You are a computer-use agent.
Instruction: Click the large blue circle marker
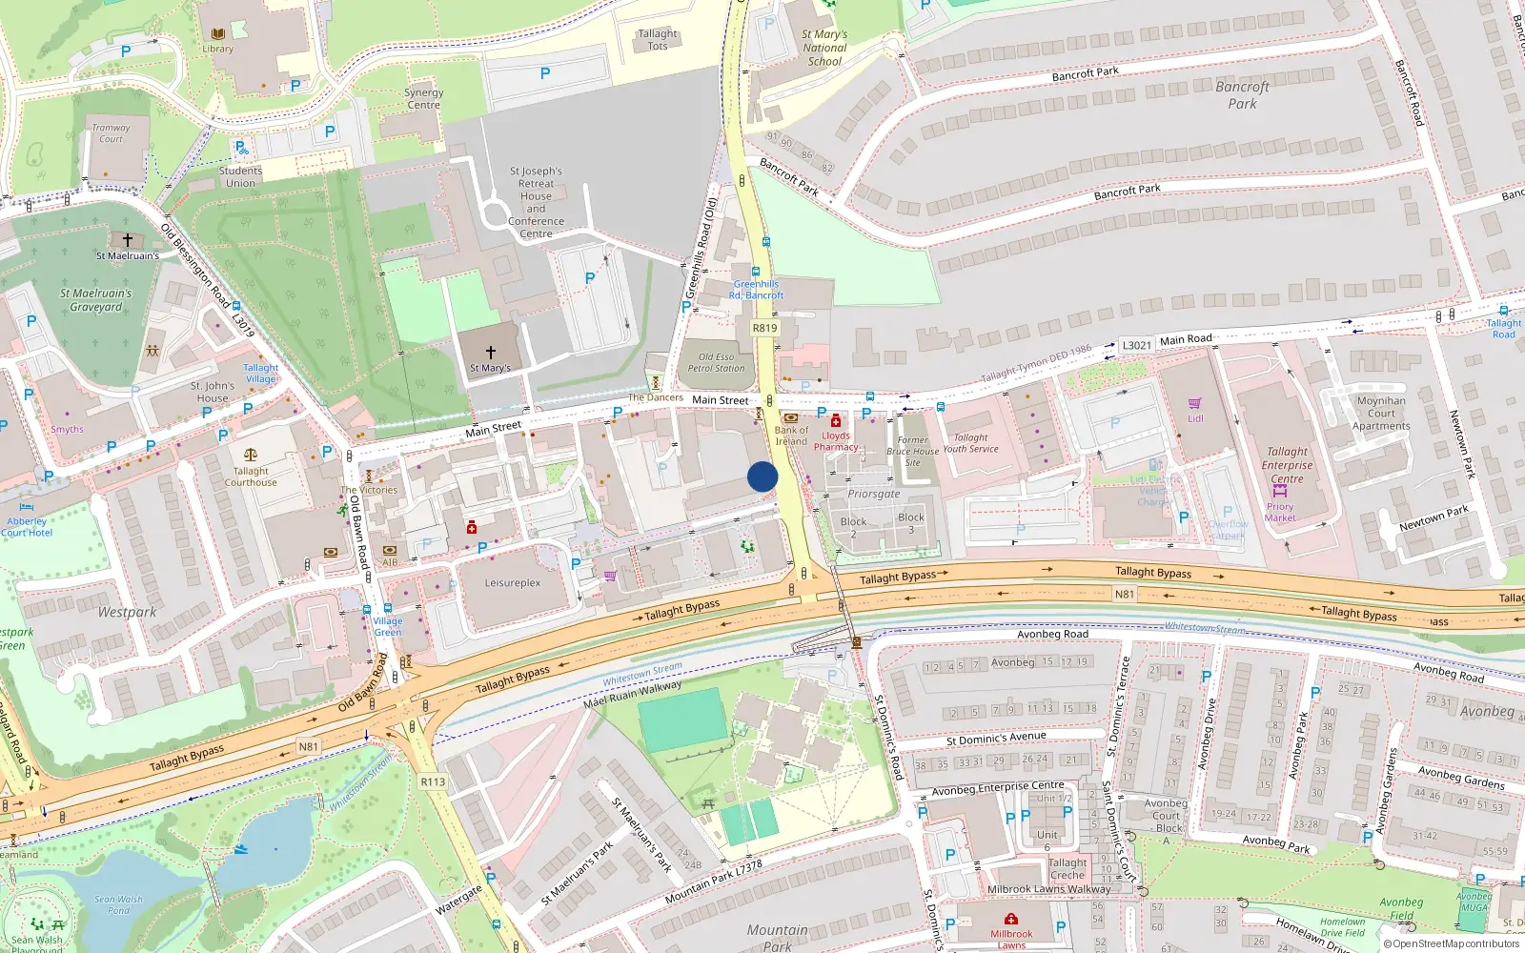coord(762,476)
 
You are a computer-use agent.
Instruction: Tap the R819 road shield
coord(764,328)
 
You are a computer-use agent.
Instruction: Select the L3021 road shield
coord(1136,345)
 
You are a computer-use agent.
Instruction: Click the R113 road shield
coord(433,781)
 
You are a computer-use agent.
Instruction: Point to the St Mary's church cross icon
coord(490,353)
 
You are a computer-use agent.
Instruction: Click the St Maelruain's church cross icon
coord(127,240)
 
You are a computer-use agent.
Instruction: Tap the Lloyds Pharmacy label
coord(836,441)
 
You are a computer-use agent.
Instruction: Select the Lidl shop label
coord(1195,418)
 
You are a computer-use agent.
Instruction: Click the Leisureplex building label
coord(513,583)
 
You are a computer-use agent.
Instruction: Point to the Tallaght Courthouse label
coord(251,476)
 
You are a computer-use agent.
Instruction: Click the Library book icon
coord(218,34)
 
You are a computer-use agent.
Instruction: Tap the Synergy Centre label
coord(423,98)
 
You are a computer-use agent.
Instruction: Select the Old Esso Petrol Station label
coord(716,362)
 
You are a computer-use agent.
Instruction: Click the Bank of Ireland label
coord(791,436)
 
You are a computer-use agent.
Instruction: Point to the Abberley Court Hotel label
coord(27,527)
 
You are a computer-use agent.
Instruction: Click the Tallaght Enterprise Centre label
coord(1287,465)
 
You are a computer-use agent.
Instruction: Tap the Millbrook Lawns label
coord(1011,939)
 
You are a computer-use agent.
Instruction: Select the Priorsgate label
coord(874,494)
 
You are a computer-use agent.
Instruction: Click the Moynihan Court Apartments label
coord(1381,414)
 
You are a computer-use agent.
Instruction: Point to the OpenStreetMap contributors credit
coord(1454,943)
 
